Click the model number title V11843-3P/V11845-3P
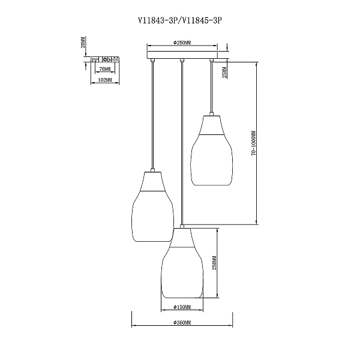pos(180,20)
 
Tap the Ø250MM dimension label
pos(182,43)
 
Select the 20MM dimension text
pos(83,42)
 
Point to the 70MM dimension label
pos(104,68)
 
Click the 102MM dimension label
pos(104,80)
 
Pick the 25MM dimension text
pos(224,72)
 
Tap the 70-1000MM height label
pos(253,143)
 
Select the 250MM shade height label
pos(214,263)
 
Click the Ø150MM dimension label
pos(182,307)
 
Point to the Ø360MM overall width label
pos(182,323)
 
